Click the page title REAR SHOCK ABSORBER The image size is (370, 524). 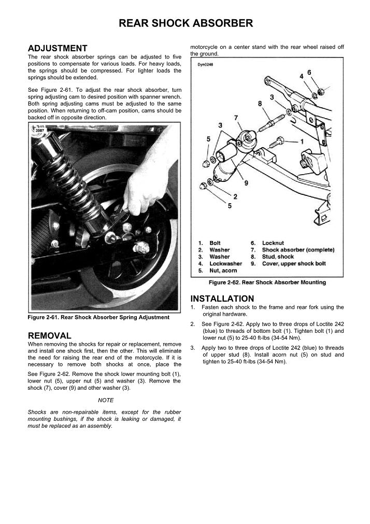point(186,23)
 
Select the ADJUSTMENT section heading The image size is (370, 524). point(57,48)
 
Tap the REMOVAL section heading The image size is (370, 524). point(49,335)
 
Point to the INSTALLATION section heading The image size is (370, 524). point(222,299)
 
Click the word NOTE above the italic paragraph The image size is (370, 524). point(105,400)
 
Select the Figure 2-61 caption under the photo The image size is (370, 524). point(98,317)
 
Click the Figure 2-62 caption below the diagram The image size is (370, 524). point(267,282)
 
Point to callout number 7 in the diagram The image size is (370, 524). point(236,118)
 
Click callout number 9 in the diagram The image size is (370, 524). point(246,183)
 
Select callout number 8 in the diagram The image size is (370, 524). point(260,104)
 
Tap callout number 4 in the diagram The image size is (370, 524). point(301,77)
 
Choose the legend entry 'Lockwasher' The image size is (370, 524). point(225,263)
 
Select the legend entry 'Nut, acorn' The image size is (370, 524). point(223,271)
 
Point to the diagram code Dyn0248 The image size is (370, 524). point(205,65)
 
